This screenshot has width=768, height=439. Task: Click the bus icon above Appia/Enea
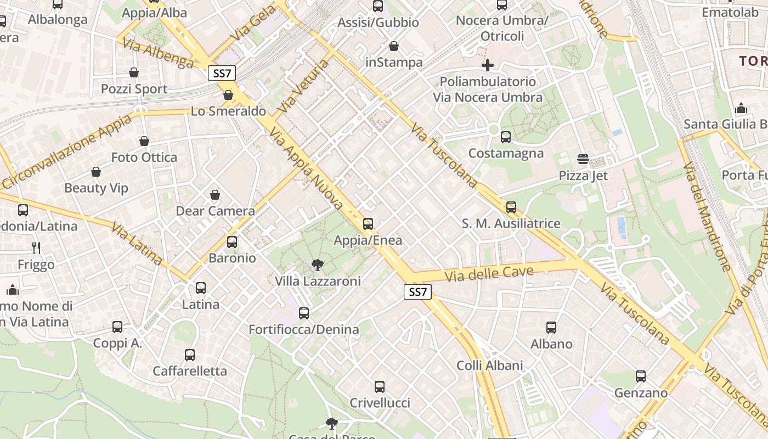(368, 224)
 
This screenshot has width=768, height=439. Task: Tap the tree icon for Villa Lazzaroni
(317, 266)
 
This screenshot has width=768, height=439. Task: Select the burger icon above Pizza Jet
(583, 160)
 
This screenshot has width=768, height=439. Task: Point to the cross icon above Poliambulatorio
(488, 65)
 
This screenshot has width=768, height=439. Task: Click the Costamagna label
(506, 153)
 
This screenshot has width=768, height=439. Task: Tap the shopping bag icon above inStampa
(393, 46)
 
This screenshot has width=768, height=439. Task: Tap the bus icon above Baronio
(232, 241)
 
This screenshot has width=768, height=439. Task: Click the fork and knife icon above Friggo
(36, 248)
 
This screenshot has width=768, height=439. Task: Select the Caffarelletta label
(189, 371)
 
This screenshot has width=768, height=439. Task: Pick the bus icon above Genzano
(641, 376)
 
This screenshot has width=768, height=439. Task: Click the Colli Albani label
(490, 365)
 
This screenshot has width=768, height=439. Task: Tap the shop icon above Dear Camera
(215, 195)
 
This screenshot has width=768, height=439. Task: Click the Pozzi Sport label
(134, 89)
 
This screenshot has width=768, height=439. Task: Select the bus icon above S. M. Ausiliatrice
(511, 207)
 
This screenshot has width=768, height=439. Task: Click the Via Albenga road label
(157, 54)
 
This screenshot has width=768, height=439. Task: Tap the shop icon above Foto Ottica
(144, 142)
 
